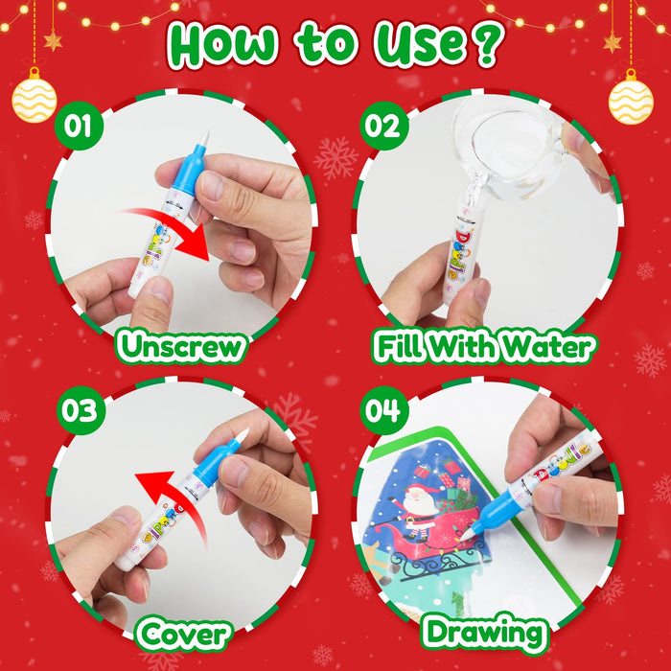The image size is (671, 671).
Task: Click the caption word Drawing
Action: [485, 634]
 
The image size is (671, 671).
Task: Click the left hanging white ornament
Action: [35, 99]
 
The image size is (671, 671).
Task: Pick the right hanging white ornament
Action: [631, 99]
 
